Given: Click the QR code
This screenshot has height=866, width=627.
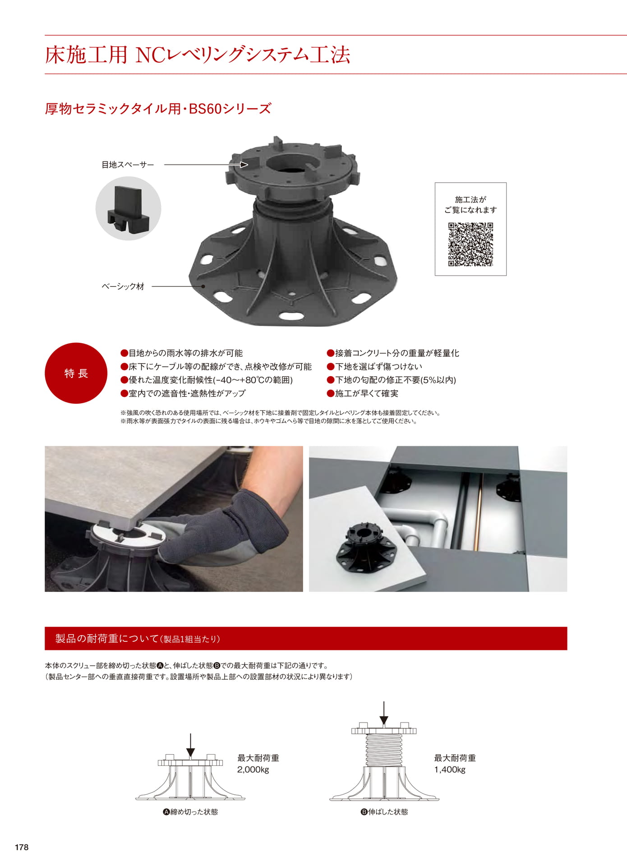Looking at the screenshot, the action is click(x=470, y=244).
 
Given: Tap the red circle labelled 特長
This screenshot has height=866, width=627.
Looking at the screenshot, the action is click(x=76, y=373).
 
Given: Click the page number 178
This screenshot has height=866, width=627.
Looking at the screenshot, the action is click(x=22, y=847).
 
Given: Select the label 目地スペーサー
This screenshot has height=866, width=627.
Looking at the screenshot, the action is click(x=128, y=165).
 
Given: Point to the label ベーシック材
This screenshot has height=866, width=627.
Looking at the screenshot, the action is click(x=123, y=286).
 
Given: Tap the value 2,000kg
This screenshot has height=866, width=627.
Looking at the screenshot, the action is click(x=253, y=769).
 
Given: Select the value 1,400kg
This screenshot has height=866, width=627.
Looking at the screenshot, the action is click(x=450, y=769).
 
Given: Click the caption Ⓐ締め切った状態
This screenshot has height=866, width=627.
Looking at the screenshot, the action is click(x=190, y=812).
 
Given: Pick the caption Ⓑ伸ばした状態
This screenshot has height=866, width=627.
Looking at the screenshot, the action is click(x=384, y=812).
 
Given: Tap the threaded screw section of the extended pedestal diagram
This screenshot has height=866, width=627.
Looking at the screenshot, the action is click(x=384, y=750).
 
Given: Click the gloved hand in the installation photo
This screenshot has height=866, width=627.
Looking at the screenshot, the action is click(x=226, y=528).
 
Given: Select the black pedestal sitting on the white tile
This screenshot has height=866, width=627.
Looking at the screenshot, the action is click(x=366, y=547).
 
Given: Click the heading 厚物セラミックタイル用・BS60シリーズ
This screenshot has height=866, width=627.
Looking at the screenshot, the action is click(x=158, y=109).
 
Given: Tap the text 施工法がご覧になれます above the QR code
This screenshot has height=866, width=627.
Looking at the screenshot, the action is click(x=470, y=204).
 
